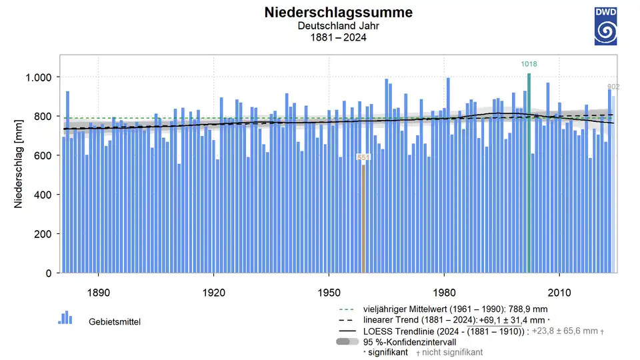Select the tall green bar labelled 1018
tap(529, 173)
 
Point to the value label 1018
tap(529, 65)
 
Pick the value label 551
tap(363, 157)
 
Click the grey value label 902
tap(613, 87)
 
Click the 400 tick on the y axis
tap(41, 195)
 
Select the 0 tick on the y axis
tap(49, 273)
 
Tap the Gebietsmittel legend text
tap(115, 322)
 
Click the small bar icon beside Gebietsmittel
tap(65, 318)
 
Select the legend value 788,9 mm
tap(534, 309)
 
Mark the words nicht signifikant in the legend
tap(452, 352)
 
